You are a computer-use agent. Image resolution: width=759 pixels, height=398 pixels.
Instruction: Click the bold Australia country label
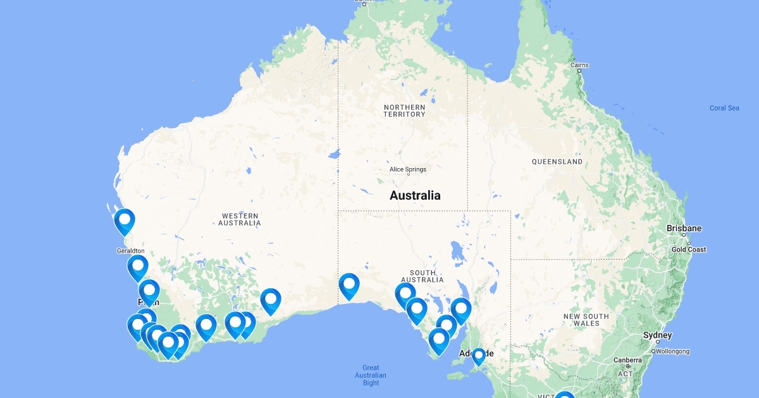[415, 195]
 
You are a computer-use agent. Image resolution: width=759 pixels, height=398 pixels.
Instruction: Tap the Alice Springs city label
[407, 169]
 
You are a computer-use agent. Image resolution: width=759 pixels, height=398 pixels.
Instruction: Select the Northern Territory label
[404, 111]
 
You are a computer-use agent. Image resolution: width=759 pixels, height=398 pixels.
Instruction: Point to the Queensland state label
[557, 162]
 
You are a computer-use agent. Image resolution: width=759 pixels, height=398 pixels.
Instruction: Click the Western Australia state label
[240, 219]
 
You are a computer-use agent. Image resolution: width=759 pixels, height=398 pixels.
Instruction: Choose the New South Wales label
[586, 320]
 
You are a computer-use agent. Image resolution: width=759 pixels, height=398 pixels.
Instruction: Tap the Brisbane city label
[684, 228]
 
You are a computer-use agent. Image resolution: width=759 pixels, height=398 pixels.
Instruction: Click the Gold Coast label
[688, 250]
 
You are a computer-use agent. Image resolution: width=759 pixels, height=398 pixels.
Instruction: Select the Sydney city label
[657, 335]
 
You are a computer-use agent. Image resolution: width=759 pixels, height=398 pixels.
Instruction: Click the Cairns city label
[579, 65]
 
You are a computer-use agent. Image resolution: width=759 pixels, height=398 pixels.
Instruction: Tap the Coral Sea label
[724, 108]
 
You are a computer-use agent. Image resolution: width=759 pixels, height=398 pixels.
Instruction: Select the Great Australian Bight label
[371, 375]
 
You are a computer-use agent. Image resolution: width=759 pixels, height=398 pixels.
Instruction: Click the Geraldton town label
[131, 251]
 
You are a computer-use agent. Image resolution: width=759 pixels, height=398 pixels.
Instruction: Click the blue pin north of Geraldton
[125, 220]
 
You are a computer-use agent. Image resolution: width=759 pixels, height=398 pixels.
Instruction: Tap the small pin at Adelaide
[479, 355]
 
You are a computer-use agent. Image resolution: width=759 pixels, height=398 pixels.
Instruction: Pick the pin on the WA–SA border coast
[349, 285]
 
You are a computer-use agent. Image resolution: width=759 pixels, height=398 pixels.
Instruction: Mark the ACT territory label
[625, 373]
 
